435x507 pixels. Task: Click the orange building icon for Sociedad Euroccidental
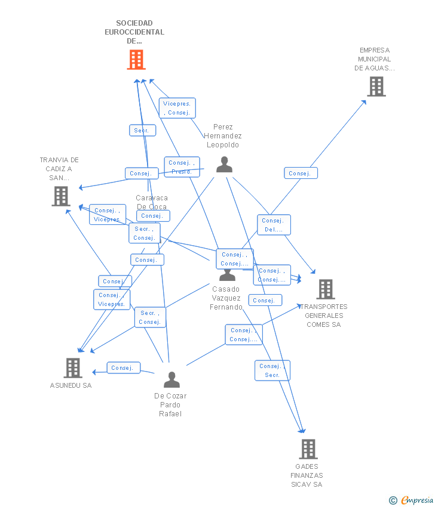(136, 60)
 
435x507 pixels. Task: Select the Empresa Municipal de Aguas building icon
(376, 86)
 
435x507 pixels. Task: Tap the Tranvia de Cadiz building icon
(60, 196)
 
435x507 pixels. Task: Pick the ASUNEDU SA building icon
(73, 367)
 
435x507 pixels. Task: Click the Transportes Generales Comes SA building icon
(326, 289)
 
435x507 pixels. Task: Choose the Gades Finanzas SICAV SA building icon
(308, 449)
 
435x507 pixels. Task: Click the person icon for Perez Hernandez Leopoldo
(224, 164)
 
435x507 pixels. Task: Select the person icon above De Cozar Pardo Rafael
(171, 379)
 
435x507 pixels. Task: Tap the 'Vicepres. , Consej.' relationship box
(177, 108)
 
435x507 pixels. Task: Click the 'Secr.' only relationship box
(142, 130)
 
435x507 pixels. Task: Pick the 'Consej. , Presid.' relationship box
(182, 167)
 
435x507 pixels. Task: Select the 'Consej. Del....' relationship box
(274, 225)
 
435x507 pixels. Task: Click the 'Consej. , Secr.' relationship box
(272, 370)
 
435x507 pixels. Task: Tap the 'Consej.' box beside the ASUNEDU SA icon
(123, 368)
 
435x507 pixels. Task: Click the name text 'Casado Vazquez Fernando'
(226, 298)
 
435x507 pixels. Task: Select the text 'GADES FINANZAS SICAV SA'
(307, 475)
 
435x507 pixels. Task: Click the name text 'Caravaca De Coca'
(152, 202)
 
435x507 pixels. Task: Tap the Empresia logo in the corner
(411, 500)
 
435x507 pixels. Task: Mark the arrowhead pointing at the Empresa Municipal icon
(364, 102)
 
